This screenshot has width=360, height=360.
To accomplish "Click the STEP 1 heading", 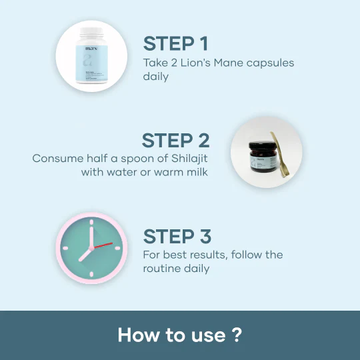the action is [175, 43].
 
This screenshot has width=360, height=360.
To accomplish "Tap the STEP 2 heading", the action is [175, 140].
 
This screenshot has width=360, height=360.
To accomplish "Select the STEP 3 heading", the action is [177, 236].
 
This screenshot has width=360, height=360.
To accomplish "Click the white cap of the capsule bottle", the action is [91, 32].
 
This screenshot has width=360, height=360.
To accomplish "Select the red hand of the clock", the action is [103, 245].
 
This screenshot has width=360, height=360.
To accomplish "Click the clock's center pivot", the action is [91, 248].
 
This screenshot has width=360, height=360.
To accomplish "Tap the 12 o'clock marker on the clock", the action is [91, 222].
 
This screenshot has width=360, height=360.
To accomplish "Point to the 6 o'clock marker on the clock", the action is [91, 274].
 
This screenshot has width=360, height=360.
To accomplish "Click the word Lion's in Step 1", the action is [195, 63].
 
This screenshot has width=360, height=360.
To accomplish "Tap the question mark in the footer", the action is [237, 335].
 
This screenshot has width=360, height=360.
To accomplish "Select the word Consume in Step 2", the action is [57, 159].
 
